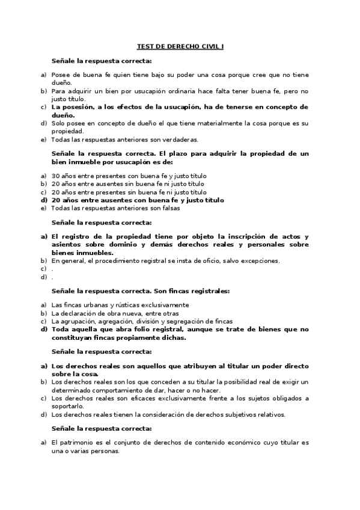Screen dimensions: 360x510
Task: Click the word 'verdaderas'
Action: tap(181, 139)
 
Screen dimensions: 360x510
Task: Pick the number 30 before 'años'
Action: tap(55, 176)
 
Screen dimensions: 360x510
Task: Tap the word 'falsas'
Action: tap(170, 209)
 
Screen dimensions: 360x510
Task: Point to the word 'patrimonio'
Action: tap(76, 442)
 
